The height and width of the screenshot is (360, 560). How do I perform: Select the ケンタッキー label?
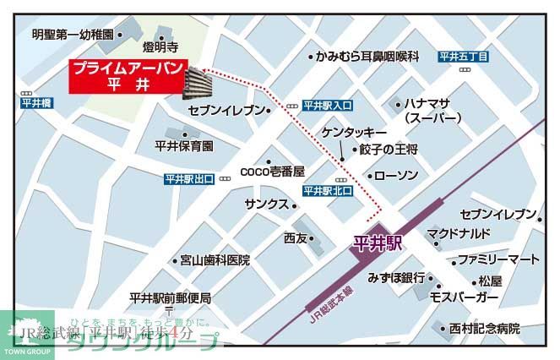tap(354, 134)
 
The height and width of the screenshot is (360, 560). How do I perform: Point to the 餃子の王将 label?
tap(389, 150)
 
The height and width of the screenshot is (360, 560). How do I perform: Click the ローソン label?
tap(396, 176)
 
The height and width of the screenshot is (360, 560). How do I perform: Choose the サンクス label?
tap(267, 205)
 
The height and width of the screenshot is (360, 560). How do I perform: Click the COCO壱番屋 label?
tap(272, 171)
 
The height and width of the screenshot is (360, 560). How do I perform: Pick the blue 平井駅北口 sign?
tap(326, 191)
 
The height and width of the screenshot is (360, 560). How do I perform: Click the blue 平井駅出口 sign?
tap(190, 179)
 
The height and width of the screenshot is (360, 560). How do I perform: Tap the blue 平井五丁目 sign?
tap(464, 57)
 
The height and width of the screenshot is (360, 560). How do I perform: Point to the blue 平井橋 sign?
tap(37, 102)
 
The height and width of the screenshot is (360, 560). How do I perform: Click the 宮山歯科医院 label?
tap(215, 260)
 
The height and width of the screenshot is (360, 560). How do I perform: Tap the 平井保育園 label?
tap(184, 145)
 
